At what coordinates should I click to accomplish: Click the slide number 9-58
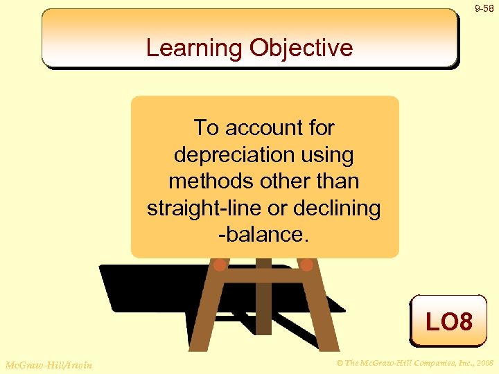coord(484,8)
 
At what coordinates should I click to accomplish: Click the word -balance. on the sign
coord(264,234)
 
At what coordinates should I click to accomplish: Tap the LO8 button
coord(448,321)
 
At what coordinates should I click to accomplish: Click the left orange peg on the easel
coord(219,265)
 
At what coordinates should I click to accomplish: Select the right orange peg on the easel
coord(306,265)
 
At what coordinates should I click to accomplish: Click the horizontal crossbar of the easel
coord(263,274)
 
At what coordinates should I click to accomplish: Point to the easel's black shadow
coord(139,291)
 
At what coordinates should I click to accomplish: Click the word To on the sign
coord(206,128)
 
